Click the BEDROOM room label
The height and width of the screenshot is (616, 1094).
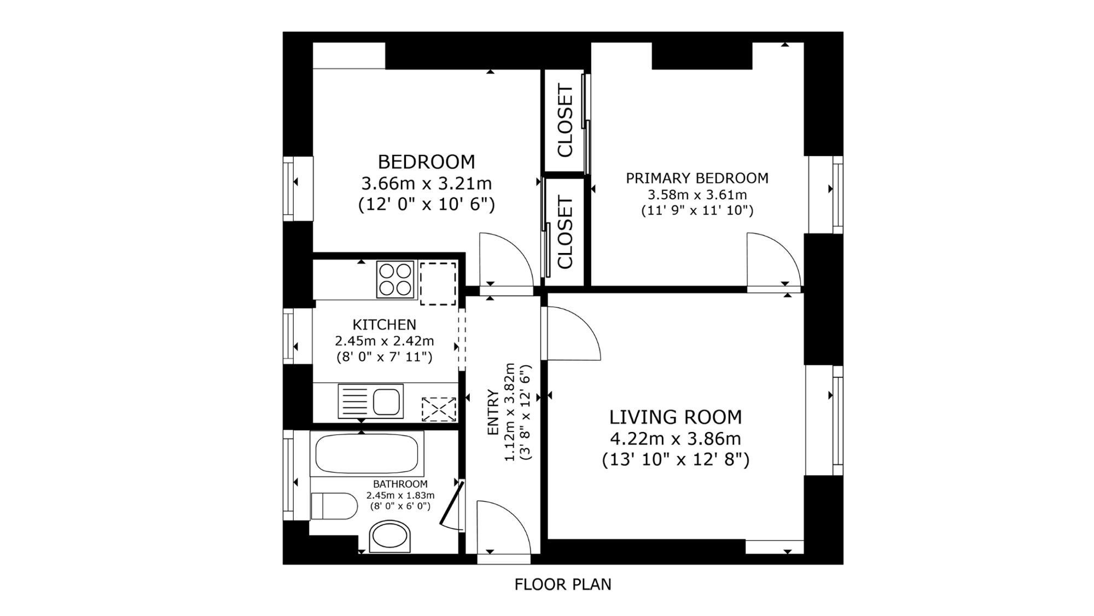[427, 162]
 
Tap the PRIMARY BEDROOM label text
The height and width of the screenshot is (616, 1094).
[697, 178]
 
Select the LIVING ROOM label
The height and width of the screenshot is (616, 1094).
[676, 417]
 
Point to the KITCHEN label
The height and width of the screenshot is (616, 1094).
[384, 325]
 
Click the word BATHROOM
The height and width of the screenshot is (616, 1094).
[400, 484]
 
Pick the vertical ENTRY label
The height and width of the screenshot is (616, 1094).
[493, 412]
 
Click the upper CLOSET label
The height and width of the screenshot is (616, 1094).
[565, 120]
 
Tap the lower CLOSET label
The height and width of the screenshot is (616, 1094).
[565, 233]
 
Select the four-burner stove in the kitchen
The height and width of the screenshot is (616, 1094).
[395, 279]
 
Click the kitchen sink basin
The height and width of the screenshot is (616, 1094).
[387, 401]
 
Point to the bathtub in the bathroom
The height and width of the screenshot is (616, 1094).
[367, 453]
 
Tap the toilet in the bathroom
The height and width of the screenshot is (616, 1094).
[334, 506]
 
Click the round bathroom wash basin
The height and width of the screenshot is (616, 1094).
[390, 536]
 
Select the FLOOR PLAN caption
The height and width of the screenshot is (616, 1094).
[563, 584]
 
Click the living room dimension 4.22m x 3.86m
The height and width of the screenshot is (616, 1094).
[676, 439]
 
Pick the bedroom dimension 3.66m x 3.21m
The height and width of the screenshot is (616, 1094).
[427, 183]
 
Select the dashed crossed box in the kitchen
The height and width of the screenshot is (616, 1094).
[439, 410]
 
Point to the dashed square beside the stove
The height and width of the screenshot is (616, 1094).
[438, 284]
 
